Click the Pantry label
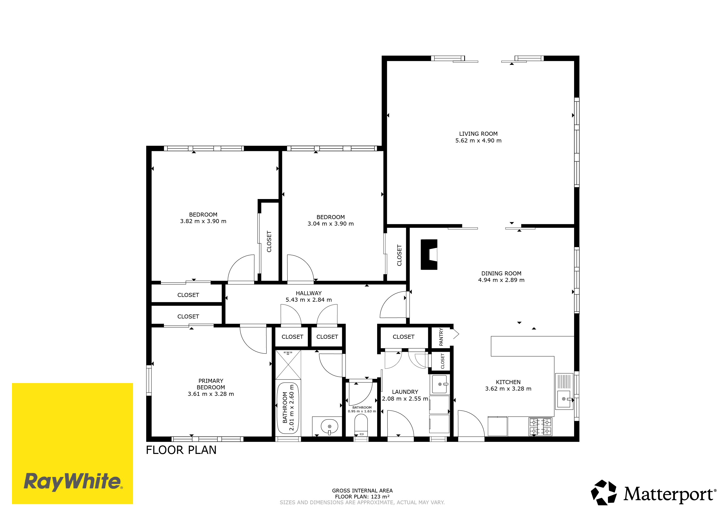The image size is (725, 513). coord(441,337)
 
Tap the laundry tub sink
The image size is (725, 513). coord(439,384)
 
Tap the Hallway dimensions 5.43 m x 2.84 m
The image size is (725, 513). coord(309,300)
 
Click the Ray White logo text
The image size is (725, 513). coord(72,482)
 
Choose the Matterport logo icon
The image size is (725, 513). coord(603,492)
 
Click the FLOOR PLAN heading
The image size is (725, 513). coord(181,450)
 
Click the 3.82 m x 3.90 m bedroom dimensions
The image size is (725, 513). coord(203,221)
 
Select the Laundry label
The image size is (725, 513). coord(405,392)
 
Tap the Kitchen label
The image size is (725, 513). coord(508,382)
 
